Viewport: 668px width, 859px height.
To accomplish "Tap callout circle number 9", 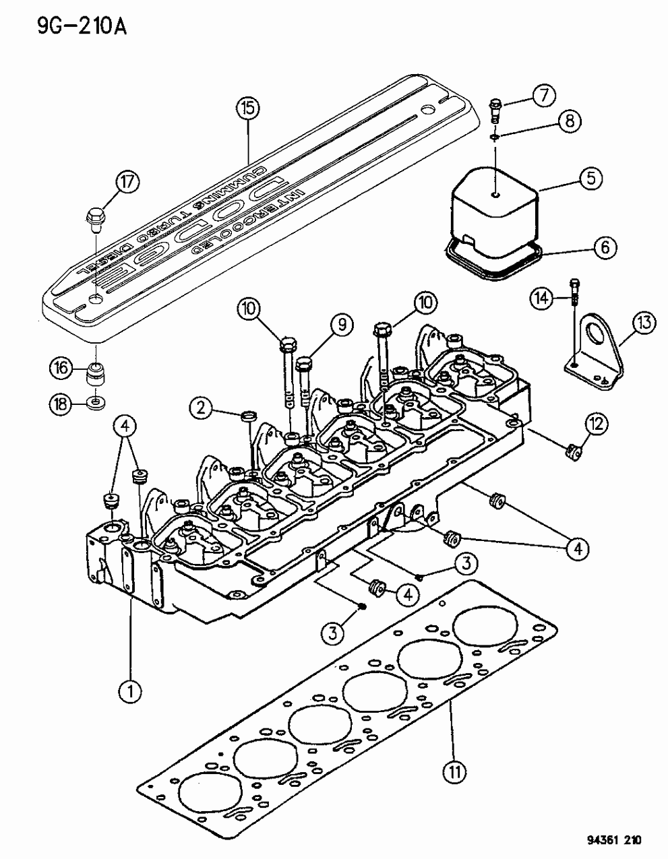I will [342, 325].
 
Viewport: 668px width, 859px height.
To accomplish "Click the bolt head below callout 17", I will [94, 218].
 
